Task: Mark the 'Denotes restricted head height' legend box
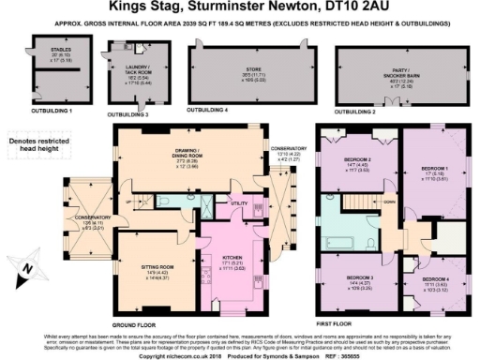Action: click(x=41, y=142)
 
